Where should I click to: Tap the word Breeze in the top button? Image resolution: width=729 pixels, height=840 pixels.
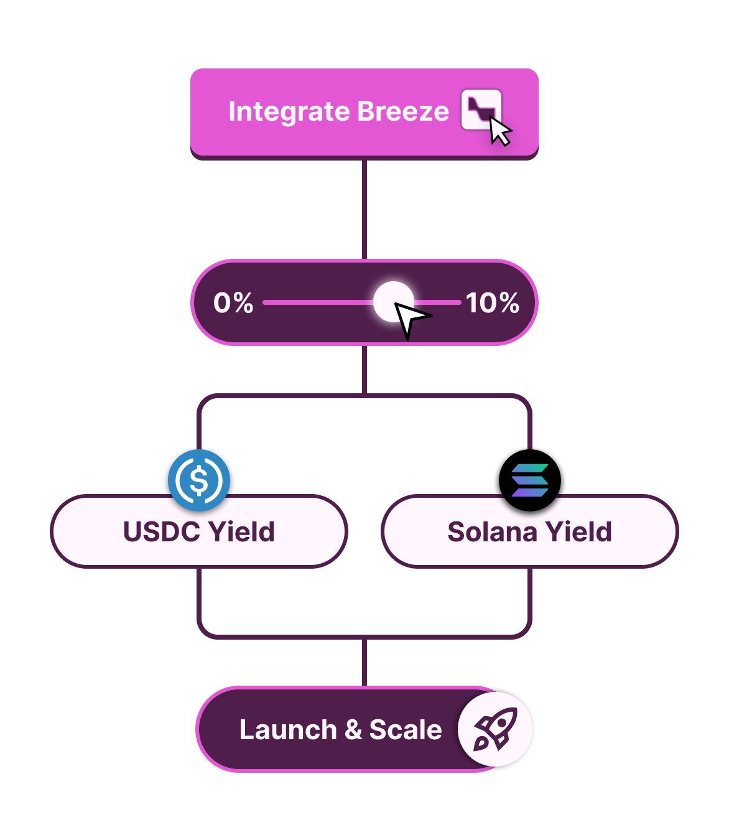coord(403,111)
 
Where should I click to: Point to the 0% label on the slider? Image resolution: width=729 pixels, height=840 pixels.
coord(233,303)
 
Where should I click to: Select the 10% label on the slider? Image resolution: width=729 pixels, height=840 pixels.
coord(493,303)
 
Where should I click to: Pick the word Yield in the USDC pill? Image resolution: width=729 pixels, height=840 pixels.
coord(242,532)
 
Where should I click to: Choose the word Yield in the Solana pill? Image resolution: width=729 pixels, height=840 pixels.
coord(579,532)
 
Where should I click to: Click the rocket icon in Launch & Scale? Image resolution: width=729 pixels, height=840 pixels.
coord(495,729)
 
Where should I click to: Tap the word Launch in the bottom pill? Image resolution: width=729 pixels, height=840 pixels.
coord(288,730)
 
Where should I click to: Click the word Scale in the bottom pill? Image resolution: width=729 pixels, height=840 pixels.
coord(406,730)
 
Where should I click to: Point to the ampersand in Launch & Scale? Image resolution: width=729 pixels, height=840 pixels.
coord(353,730)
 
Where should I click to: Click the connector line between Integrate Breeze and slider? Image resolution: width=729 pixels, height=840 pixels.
coord(364,208)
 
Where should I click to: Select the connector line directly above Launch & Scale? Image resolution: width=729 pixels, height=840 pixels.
coord(364,663)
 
